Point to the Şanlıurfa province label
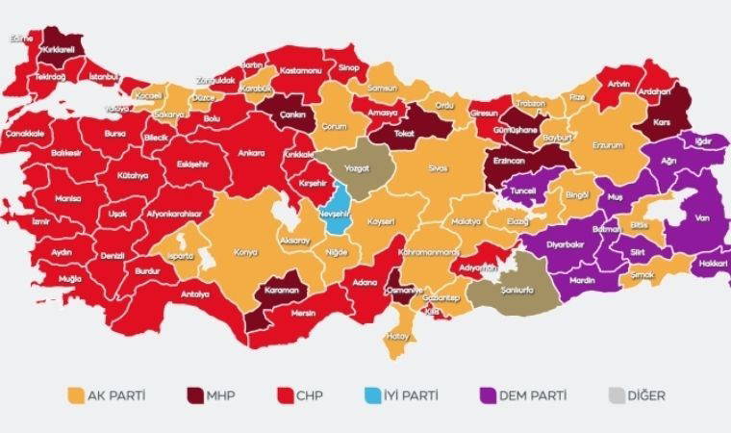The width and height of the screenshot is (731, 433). [x=518, y=284]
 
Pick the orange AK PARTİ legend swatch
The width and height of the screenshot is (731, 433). [x=74, y=395]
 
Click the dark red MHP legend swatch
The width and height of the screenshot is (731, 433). [x=195, y=395]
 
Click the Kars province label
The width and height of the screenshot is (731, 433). [x=661, y=123]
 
